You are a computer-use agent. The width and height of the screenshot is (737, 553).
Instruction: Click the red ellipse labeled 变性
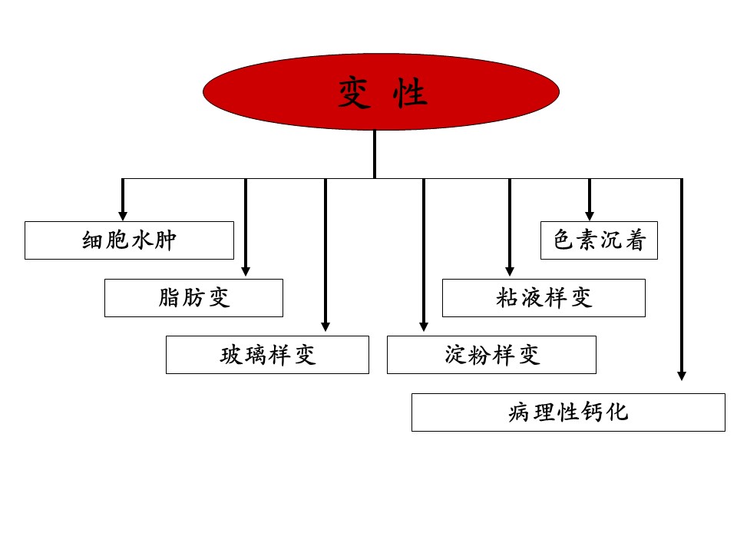pos(382,91)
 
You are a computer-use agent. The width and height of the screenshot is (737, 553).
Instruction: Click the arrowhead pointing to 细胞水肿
pos(123,216)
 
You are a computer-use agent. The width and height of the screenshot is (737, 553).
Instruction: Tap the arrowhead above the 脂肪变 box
pos(246,272)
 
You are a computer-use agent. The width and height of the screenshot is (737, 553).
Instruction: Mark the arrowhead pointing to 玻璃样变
pos(326,327)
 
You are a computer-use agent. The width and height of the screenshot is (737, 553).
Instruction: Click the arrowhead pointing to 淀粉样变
pos(424,327)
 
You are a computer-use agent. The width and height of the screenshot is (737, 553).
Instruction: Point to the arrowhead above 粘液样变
pos(510,272)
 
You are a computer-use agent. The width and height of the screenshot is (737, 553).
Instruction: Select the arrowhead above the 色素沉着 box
pos(590,216)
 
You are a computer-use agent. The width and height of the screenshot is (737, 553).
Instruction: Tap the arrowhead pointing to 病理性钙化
pos(682,376)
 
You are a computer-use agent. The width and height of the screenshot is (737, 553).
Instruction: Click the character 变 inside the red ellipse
pos(354,93)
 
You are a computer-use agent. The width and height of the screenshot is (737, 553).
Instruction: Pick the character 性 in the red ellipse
pos(410,93)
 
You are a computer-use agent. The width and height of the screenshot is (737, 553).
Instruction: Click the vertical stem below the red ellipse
pos(375,154)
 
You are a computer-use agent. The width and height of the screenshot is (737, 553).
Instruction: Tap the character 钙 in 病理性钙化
pos(592,412)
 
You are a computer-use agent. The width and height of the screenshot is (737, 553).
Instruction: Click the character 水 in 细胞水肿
pos(141,240)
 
